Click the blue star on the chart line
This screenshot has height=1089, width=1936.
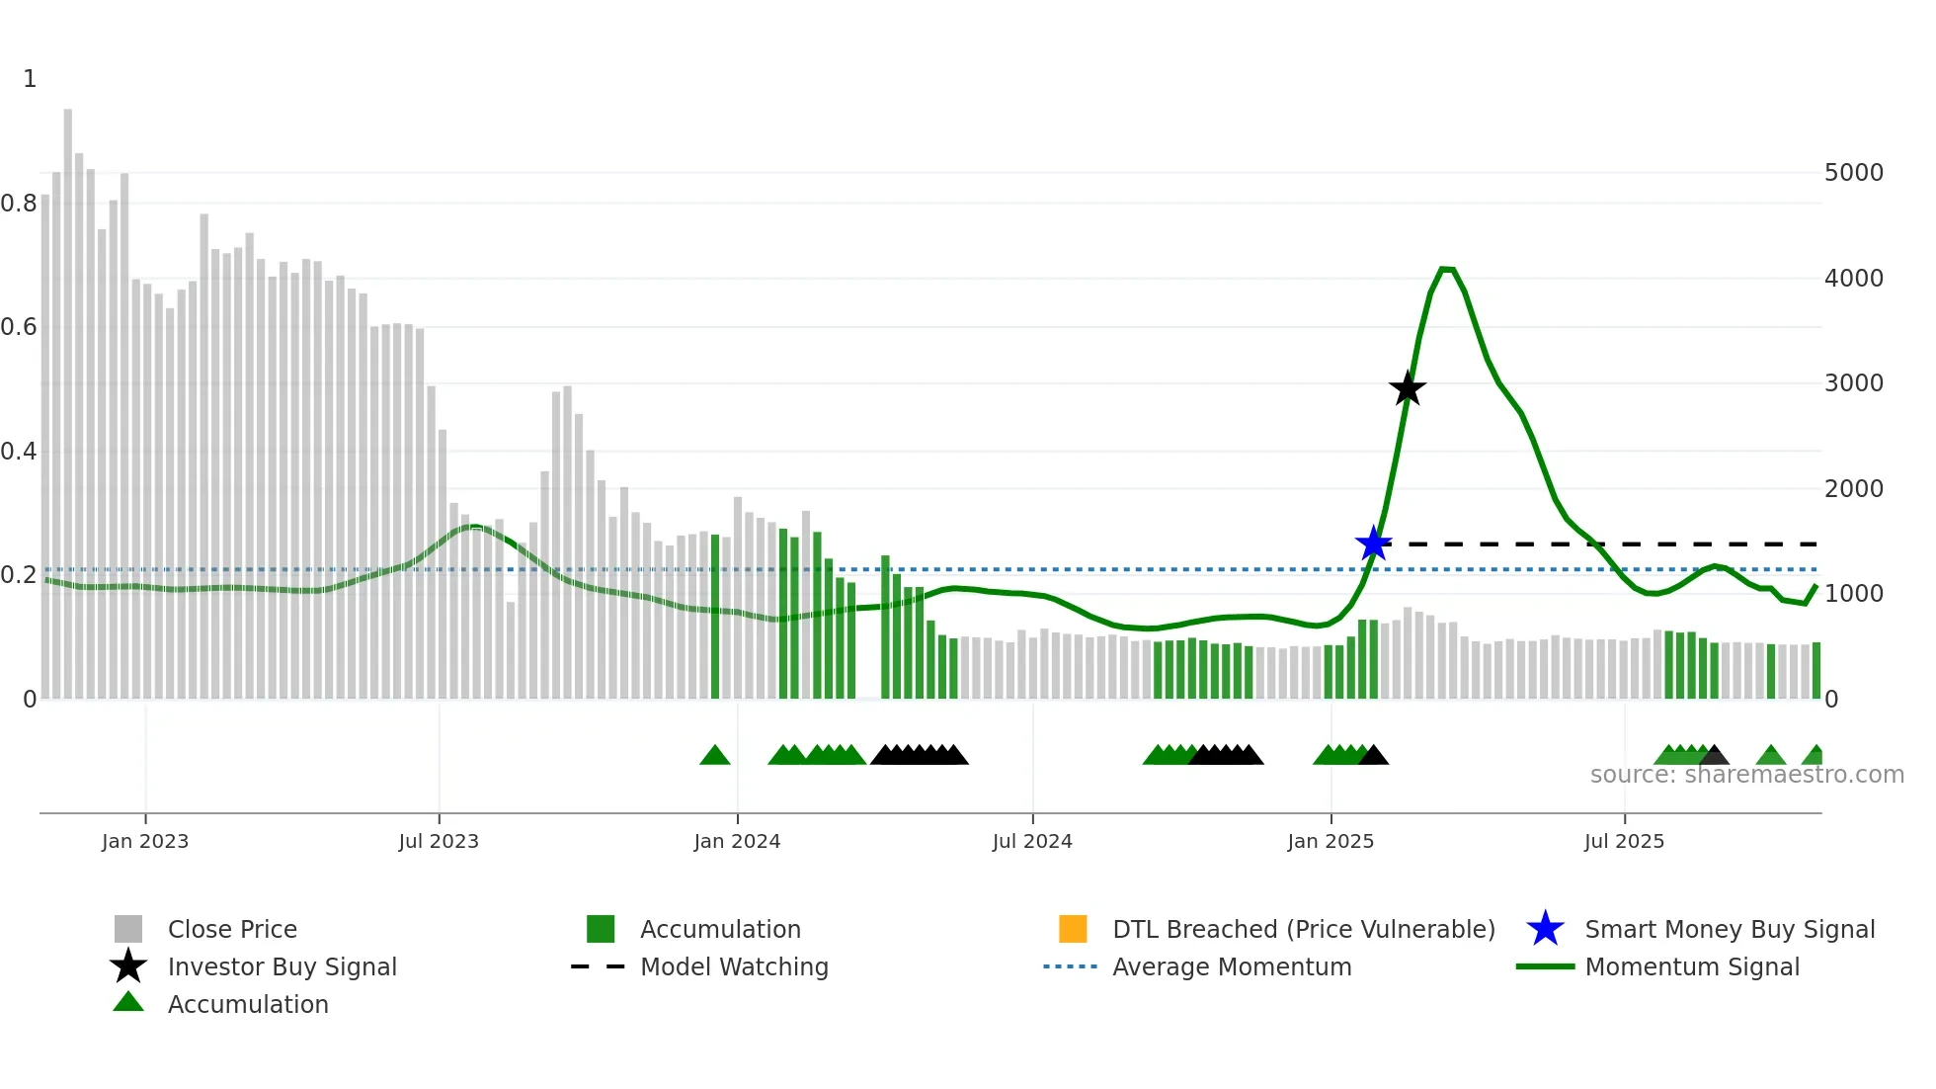tap(1373, 544)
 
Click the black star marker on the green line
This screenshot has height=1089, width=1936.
tap(1408, 388)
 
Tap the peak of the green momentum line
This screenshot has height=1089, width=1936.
tap(1446, 269)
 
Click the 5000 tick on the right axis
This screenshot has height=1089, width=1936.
tap(1853, 173)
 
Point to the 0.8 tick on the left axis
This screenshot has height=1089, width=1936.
tap(19, 204)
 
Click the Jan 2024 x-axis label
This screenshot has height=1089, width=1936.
tap(737, 841)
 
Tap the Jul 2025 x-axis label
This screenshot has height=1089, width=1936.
tap(1624, 841)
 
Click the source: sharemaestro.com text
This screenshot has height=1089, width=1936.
tap(1746, 775)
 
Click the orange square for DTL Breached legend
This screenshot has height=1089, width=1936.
tap(1073, 929)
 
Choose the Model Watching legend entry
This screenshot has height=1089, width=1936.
tap(733, 966)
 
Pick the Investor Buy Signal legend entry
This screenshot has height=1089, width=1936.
tap(282, 966)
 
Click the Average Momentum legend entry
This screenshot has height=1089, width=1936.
tap(1231, 966)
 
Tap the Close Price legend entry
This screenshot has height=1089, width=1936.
tap(231, 929)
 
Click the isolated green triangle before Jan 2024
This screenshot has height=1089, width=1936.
tap(714, 756)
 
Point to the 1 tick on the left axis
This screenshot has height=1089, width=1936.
tap(30, 79)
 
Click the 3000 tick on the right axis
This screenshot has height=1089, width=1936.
tap(1853, 383)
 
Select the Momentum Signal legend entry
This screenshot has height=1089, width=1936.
tap(1691, 966)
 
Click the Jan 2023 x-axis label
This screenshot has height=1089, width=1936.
tap(145, 841)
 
